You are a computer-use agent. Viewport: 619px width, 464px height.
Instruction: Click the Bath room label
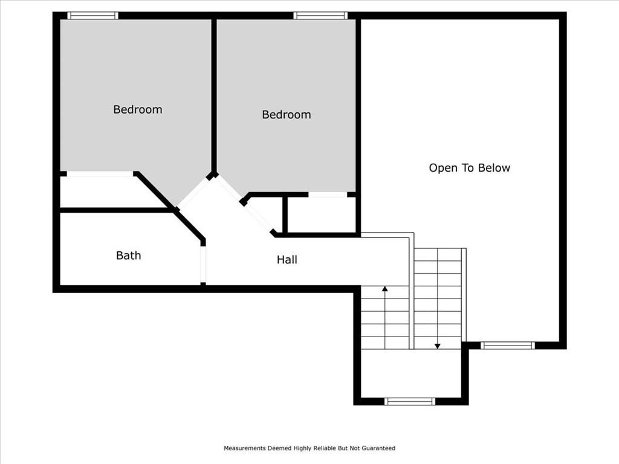tap(128, 256)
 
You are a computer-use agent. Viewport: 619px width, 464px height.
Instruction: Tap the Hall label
tap(287, 260)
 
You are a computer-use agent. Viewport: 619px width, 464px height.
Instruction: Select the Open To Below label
tap(469, 168)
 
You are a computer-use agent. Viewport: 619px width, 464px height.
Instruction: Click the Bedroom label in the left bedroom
tap(137, 109)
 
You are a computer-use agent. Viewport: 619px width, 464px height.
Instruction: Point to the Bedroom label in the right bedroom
tap(286, 114)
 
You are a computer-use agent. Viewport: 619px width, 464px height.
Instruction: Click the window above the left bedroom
tap(92, 15)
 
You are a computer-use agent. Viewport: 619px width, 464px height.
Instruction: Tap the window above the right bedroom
tap(320, 15)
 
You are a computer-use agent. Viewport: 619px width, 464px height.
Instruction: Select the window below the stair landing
tap(410, 401)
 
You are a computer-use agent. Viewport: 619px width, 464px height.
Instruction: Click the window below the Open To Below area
tap(508, 346)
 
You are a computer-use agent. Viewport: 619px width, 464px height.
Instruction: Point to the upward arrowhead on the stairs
tap(385, 289)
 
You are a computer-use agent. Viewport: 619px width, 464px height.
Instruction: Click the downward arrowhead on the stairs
tap(438, 346)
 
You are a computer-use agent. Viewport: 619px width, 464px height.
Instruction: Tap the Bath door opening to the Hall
tap(203, 265)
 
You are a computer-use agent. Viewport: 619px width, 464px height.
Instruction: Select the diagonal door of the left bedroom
tap(194, 194)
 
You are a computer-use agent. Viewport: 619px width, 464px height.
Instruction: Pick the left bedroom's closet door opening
tap(100, 173)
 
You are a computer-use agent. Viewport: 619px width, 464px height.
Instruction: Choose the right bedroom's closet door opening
tap(328, 195)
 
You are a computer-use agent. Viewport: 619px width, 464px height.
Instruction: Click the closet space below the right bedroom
tap(322, 214)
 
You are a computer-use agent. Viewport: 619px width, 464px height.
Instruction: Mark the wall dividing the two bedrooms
tap(214, 97)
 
